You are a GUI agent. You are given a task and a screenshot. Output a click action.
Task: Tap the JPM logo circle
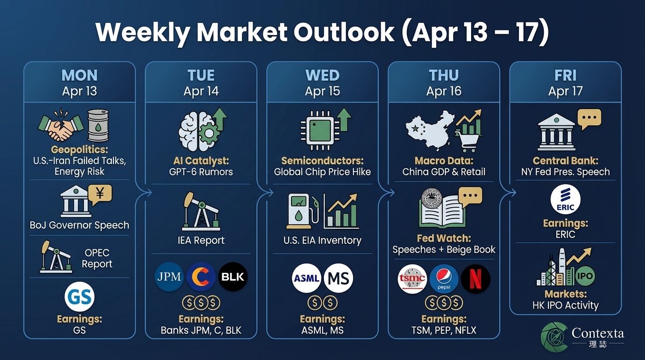click(169, 277)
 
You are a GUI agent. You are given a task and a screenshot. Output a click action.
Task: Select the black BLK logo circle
click(233, 277)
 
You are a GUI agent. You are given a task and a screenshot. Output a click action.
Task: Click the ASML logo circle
click(307, 278)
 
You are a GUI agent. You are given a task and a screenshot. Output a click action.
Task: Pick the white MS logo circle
click(338, 278)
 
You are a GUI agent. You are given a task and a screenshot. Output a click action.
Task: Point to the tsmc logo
click(412, 278)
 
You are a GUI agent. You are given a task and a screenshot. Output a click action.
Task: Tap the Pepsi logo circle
click(444, 278)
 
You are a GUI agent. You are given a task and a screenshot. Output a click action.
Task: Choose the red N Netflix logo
click(475, 278)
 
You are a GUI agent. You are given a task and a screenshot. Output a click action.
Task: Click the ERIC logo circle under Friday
click(565, 200)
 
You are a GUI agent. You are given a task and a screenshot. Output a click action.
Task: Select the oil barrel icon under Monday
click(98, 125)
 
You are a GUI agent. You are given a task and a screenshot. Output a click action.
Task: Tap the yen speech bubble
click(100, 193)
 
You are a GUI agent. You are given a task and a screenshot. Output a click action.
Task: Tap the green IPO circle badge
click(584, 276)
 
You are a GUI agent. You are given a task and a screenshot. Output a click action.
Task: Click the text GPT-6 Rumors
click(201, 172)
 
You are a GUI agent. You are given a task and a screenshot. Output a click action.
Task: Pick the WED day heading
click(322, 75)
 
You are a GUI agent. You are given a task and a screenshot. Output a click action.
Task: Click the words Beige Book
click(471, 249)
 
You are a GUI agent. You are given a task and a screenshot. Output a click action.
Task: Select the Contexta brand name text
click(598, 333)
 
